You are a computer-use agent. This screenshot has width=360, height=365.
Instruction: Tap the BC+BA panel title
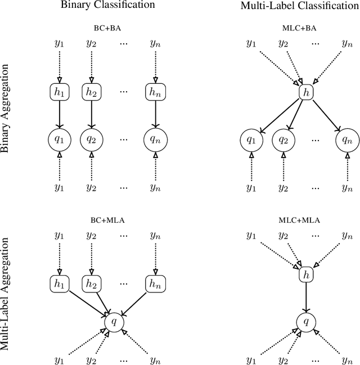[x=107, y=26]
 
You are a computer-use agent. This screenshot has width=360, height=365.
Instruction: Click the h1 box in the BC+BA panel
[x=59, y=92]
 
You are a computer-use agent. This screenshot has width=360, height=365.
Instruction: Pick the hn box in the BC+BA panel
[x=155, y=92]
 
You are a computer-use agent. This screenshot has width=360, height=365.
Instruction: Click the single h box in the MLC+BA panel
[x=306, y=92]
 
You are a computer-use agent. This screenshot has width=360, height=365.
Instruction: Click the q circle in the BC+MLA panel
[x=115, y=322]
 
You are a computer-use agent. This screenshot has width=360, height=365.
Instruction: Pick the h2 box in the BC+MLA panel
[x=91, y=283]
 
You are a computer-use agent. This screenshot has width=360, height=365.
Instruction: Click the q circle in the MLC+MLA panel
[x=306, y=322]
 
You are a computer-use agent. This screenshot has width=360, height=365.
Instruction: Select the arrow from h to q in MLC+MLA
[x=306, y=297]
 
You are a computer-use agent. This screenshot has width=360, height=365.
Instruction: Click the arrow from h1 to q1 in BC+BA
[x=59, y=115]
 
